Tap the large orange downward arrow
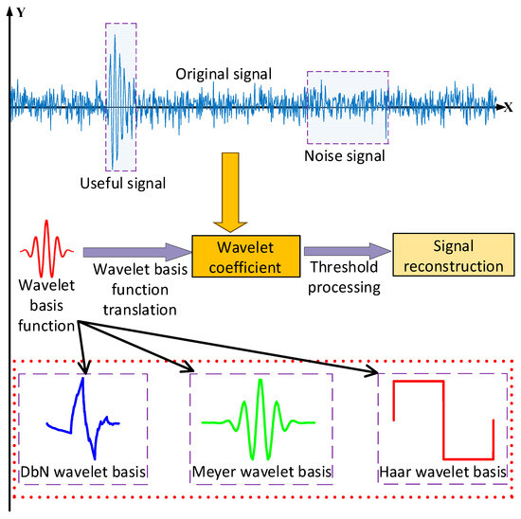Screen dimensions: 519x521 tap(227, 200)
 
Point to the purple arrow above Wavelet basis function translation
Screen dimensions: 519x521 tap(135, 253)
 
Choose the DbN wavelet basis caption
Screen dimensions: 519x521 tap(81, 471)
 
